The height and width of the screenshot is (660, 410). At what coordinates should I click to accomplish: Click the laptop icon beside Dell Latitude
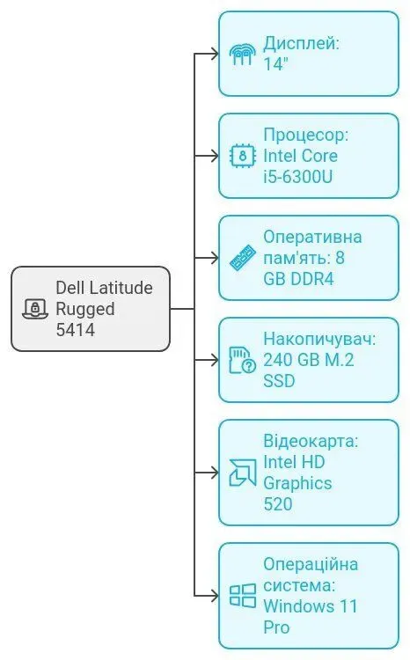click(34, 309)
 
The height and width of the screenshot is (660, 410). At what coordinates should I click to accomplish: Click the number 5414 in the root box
click(75, 331)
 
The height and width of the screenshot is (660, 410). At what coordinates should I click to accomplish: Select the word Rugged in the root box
click(85, 309)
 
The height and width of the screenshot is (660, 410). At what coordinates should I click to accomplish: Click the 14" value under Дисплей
click(276, 64)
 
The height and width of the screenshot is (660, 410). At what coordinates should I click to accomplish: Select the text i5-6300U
click(298, 177)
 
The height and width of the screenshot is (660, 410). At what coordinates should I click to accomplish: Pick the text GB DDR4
click(299, 279)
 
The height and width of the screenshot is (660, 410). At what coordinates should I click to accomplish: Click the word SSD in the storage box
click(279, 381)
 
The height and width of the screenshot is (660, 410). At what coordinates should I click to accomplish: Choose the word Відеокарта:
click(311, 441)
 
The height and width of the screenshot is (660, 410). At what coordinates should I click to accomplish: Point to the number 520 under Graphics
click(277, 504)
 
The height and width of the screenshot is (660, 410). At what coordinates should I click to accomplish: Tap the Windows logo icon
click(242, 596)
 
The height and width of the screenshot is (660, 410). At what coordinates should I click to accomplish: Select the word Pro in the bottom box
click(276, 627)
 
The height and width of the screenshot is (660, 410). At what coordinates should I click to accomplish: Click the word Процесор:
click(305, 135)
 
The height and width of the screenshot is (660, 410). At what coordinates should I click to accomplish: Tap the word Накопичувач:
click(319, 339)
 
